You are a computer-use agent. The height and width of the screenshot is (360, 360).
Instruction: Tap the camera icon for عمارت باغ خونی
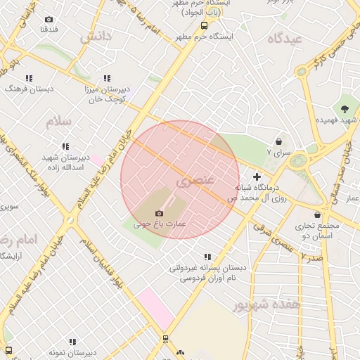[x=159, y=212]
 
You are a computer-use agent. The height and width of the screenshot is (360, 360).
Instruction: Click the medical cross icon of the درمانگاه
[x=257, y=176]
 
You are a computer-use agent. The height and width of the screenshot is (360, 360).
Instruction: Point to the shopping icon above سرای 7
[x=279, y=141]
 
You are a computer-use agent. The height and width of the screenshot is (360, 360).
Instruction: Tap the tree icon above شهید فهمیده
[x=345, y=109]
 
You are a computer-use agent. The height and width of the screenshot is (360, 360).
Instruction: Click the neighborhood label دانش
[x=96, y=37]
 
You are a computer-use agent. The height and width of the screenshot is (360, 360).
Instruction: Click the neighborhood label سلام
[x=59, y=122]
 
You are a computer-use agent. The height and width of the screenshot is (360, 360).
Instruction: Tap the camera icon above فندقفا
[x=49, y=19]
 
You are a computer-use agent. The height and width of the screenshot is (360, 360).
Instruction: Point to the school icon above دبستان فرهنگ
[x=30, y=78]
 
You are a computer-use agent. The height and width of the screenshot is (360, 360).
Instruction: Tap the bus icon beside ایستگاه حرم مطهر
[x=204, y=24]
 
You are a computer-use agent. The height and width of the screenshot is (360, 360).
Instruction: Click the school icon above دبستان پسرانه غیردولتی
[x=207, y=257]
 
